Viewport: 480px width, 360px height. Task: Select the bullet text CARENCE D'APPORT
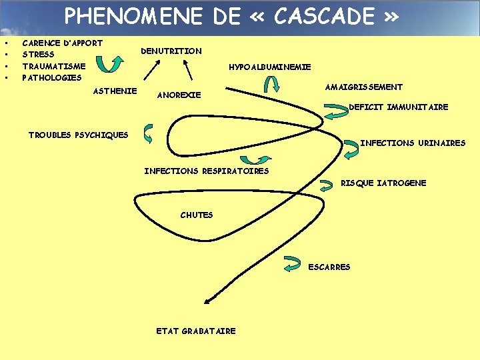[63, 43]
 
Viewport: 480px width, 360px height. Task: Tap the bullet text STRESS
[39, 55]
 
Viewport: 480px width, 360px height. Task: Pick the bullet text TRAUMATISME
[54, 66]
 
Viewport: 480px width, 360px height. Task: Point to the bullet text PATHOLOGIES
[52, 77]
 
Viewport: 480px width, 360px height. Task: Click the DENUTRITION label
[171, 51]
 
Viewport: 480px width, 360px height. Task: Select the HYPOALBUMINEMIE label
[270, 67]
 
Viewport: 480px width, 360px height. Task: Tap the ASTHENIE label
[115, 91]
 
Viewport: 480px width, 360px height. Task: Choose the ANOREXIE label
[179, 95]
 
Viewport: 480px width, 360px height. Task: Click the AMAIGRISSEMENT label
[364, 87]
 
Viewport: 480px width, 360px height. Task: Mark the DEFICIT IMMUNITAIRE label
[399, 107]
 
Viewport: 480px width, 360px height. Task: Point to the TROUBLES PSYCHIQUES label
[79, 135]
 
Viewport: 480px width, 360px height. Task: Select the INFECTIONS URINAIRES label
[413, 143]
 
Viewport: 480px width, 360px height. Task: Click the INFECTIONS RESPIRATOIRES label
[207, 171]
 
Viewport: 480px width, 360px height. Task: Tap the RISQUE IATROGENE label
[383, 183]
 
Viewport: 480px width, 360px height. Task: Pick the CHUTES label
[197, 215]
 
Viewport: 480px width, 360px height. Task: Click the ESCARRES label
[329, 267]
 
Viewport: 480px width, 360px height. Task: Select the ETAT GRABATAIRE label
[196, 331]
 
